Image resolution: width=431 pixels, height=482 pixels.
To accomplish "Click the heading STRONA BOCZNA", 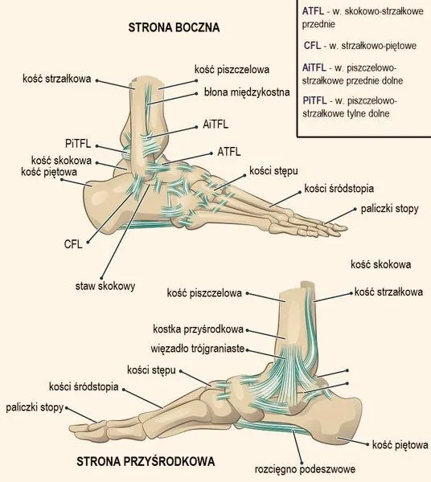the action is [x=174, y=27].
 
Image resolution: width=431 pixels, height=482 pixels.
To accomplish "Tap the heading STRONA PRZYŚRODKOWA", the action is [x=146, y=461].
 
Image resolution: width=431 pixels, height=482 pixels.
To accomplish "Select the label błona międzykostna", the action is [x=247, y=92].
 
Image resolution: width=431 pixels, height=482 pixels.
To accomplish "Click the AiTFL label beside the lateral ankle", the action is [x=215, y=125].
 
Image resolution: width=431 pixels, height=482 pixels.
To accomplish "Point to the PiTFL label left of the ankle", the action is [x=78, y=143].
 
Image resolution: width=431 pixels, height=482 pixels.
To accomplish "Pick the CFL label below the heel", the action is [x=73, y=244].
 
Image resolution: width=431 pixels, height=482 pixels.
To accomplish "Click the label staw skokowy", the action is [x=105, y=286].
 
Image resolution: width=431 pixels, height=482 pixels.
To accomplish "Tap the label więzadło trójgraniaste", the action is [x=198, y=349].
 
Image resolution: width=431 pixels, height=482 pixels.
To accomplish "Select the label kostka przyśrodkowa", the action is [x=198, y=329].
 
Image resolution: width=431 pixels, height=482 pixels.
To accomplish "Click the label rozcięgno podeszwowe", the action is [x=305, y=469].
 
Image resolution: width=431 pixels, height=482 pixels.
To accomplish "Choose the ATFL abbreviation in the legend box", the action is [x=313, y=11].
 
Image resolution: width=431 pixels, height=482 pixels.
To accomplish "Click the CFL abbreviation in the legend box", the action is [x=312, y=46].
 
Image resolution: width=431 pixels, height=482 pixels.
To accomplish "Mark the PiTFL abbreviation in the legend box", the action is [x=314, y=100].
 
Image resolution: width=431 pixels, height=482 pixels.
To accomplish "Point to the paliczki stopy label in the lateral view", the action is [x=389, y=209].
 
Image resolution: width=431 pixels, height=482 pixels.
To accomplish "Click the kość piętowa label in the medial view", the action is [x=400, y=445].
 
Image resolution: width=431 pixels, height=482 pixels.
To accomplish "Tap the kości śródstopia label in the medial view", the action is [x=84, y=386].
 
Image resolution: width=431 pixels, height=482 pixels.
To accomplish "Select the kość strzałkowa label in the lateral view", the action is [x=57, y=79].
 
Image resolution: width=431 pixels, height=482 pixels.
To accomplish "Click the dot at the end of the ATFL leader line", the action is [x=211, y=153].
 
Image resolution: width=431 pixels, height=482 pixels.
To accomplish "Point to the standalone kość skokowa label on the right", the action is [x=380, y=264].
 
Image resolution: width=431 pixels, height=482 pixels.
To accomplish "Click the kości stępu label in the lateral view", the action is [x=273, y=171].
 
